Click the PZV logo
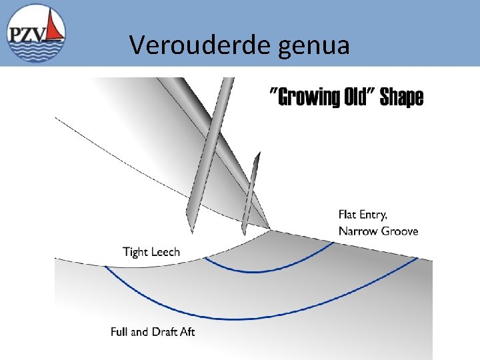[x=37, y=33]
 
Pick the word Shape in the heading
[x=401, y=98]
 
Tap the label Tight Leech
[x=151, y=251]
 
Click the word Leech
[x=165, y=251]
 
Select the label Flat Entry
[x=363, y=215]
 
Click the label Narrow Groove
[x=378, y=231]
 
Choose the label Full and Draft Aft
[x=153, y=331]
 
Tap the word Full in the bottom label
[x=119, y=331]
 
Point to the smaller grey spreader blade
[x=250, y=193]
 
